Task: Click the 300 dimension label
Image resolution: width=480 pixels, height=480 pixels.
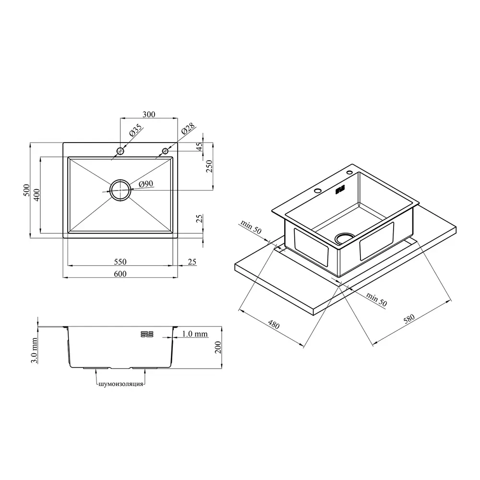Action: click(149, 115)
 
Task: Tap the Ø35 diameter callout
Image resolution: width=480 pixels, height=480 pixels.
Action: click(136, 130)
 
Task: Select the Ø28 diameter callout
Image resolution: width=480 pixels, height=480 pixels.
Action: click(188, 129)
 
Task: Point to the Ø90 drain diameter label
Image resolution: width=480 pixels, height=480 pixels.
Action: click(146, 184)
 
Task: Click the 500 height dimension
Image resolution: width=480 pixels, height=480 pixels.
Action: click(27, 190)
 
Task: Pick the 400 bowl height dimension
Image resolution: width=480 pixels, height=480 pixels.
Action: click(37, 195)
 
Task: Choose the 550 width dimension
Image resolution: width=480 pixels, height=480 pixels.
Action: click(120, 262)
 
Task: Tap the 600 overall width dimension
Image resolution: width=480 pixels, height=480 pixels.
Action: click(120, 274)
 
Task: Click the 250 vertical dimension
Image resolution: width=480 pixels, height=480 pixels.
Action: click(209, 166)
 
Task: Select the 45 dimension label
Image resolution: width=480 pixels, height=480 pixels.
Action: click(199, 146)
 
